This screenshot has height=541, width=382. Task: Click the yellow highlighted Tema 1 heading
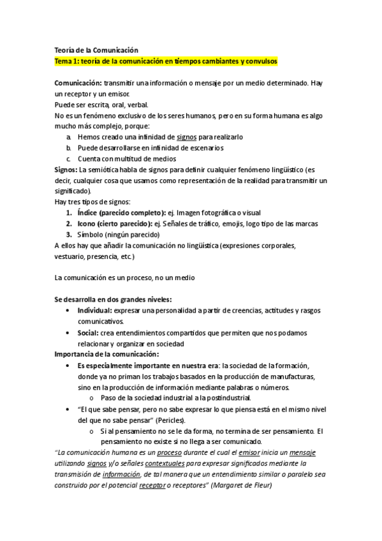pyautogui.click(x=166, y=61)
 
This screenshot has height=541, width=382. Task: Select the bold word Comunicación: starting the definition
pyautogui.click(x=78, y=83)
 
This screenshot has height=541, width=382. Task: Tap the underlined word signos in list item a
pyautogui.click(x=186, y=137)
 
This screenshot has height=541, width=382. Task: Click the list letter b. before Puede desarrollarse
pyautogui.click(x=69, y=148)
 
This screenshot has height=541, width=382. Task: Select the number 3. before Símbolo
pyautogui.click(x=69, y=234)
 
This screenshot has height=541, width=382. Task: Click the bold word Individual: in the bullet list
pyautogui.click(x=99, y=311)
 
